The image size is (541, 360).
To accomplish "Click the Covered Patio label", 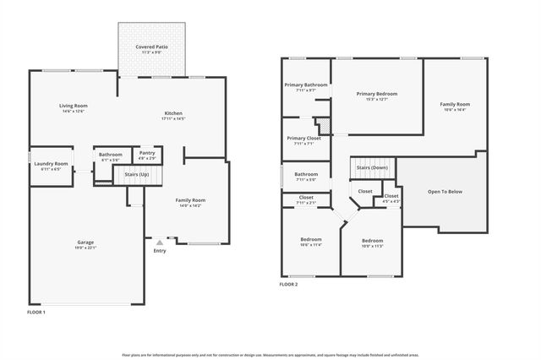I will click(150, 46).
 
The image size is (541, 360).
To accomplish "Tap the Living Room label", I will click(74, 106).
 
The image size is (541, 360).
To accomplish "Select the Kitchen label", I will click(172, 113).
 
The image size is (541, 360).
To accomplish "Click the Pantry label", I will click(146, 153).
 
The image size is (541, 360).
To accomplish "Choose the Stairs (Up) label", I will click(137, 173).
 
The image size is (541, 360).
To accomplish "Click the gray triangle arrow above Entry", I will click(159, 243).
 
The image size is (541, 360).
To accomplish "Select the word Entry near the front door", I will click(160, 251).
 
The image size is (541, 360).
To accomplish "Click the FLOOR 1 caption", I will click(36, 313).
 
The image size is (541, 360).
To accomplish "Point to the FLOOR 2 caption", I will click(289, 285).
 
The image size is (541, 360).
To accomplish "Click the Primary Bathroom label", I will click(305, 85).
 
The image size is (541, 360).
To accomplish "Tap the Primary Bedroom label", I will click(376, 94).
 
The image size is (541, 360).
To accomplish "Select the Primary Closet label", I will click(303, 138).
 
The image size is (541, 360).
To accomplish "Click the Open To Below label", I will click(445, 192).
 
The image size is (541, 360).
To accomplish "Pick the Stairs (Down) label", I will click(372, 167).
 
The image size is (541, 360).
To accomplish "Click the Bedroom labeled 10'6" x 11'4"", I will click(310, 239).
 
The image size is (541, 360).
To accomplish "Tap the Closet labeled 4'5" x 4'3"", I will click(391, 196).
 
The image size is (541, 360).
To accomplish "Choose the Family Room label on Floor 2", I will click(454, 104).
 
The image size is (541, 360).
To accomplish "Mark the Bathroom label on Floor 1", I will click(111, 155).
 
